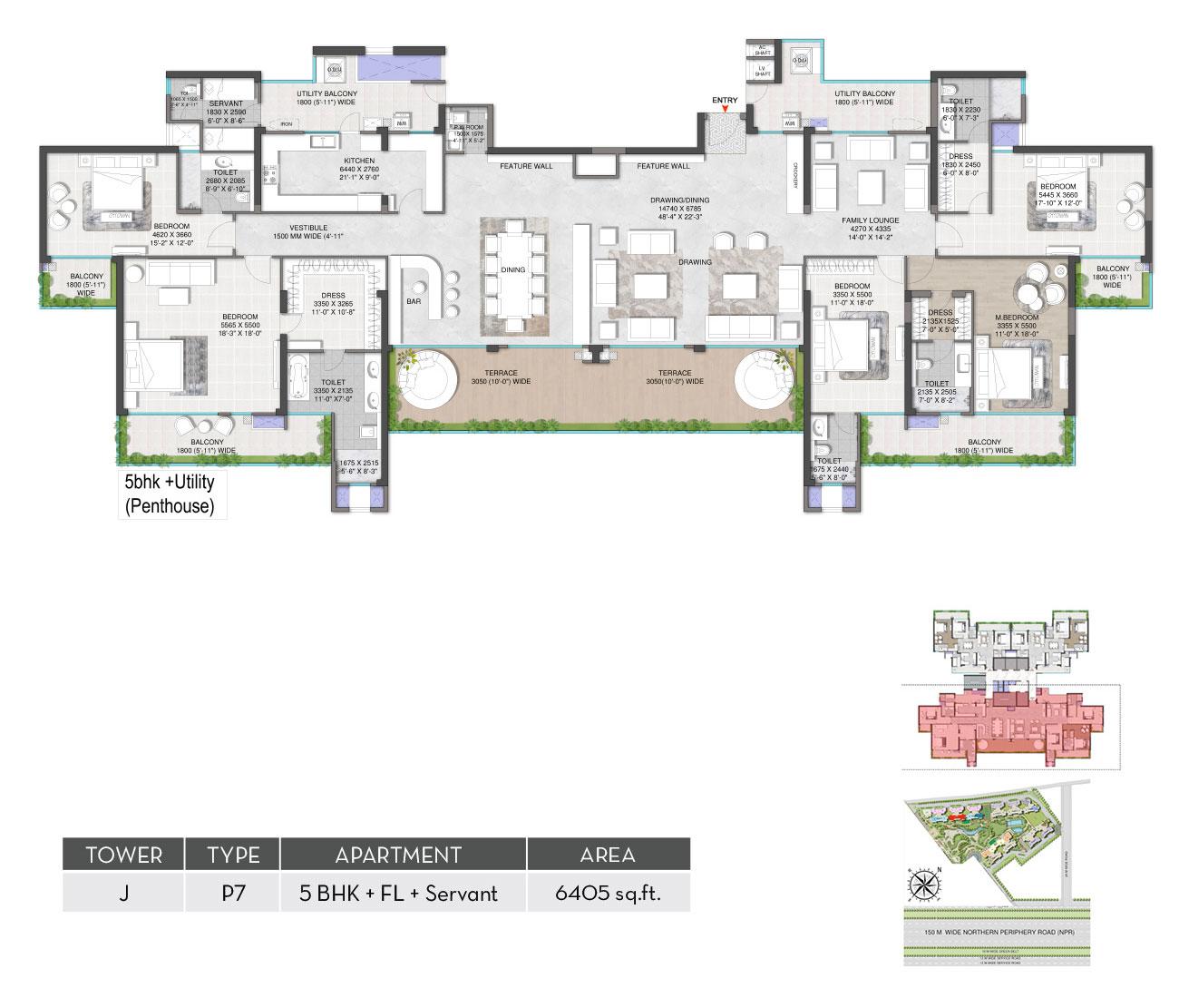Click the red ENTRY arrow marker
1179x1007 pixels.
[724, 110]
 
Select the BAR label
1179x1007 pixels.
[414, 300]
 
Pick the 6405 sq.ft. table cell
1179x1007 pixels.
[608, 894]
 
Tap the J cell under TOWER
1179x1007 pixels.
[123, 894]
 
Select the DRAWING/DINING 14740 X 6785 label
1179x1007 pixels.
[679, 205]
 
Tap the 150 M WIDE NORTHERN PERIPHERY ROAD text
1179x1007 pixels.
[996, 932]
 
